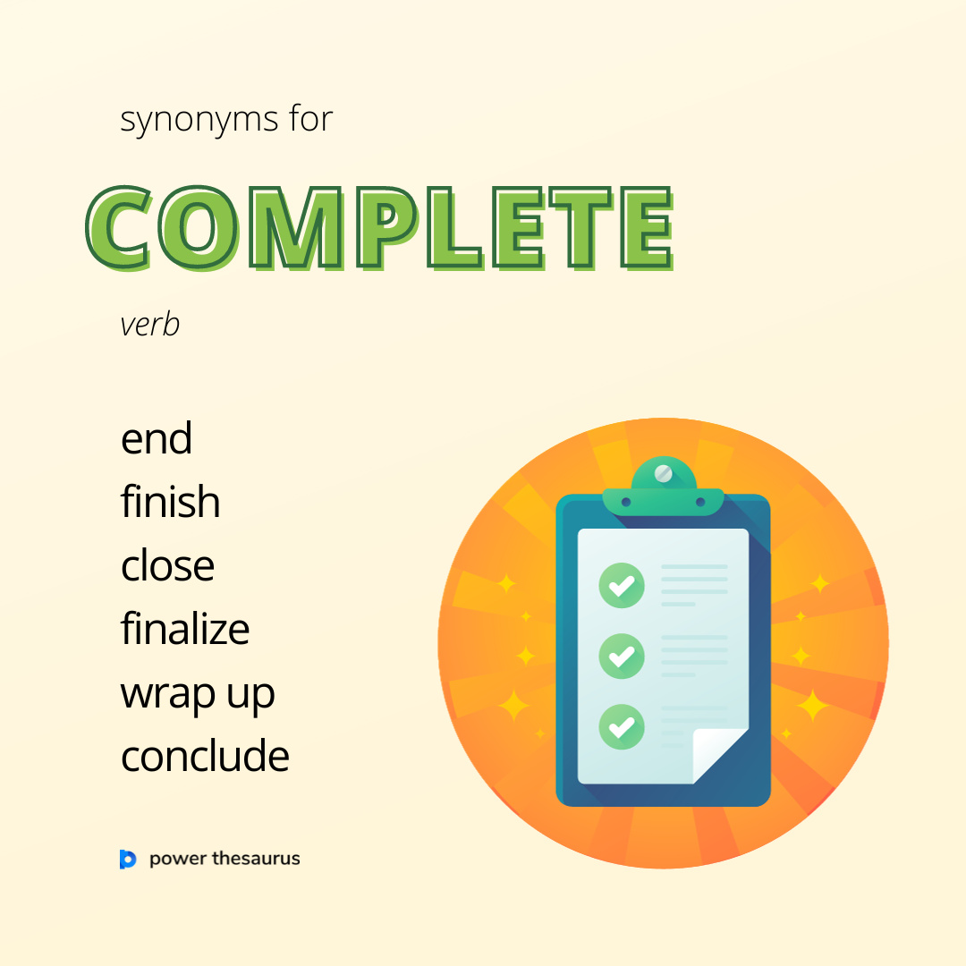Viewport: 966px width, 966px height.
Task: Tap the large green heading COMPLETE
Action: [380, 228]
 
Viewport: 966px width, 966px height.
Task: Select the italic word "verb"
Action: [149, 325]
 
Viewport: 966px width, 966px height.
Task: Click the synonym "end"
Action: [157, 439]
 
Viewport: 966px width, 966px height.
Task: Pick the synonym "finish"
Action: [170, 502]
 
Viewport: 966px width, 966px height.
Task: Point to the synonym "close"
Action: [167, 565]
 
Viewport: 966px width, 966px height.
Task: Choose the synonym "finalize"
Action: [185, 629]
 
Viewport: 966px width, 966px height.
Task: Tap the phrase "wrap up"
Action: [198, 695]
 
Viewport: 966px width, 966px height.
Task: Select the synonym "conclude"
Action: [205, 757]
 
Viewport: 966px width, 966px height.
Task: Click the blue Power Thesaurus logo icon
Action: [128, 860]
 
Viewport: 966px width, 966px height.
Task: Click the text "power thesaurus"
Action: [225, 860]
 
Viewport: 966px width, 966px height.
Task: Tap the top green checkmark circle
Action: [621, 586]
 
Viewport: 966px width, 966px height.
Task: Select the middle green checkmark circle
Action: [621, 657]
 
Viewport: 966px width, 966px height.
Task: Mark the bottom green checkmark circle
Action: [621, 725]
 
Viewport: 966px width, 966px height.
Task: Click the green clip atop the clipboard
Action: [663, 491]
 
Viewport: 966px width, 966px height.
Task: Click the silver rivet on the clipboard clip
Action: [663, 473]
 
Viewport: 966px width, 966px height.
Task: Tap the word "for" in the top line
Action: [310, 120]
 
